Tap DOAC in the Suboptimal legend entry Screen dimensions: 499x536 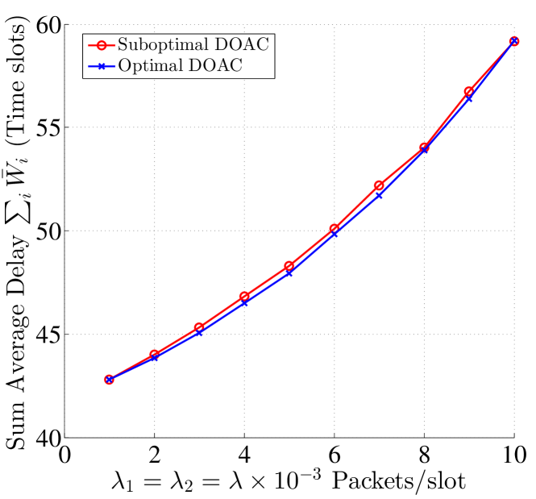pyautogui.click(x=236, y=45)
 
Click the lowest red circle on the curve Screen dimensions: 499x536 pyautogui.click(x=109, y=380)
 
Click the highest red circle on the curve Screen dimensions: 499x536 pyautogui.click(x=513, y=41)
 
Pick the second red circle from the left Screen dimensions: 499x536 pyautogui.click(x=154, y=355)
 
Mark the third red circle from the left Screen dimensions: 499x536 pyautogui.click(x=199, y=327)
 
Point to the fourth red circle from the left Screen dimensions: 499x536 pyautogui.click(x=244, y=297)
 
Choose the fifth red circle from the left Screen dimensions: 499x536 pyautogui.click(x=289, y=265)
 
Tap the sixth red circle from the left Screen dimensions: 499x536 pyautogui.click(x=334, y=229)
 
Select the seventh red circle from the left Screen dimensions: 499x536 pyautogui.click(x=379, y=186)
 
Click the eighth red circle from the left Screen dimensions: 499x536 pyautogui.click(x=424, y=148)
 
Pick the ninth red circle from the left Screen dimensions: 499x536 pyautogui.click(x=468, y=92)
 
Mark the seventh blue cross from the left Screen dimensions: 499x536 pyautogui.click(x=379, y=195)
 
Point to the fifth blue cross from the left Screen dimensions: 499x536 pyautogui.click(x=289, y=272)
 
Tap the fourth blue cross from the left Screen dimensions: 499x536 pyautogui.click(x=244, y=302)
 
